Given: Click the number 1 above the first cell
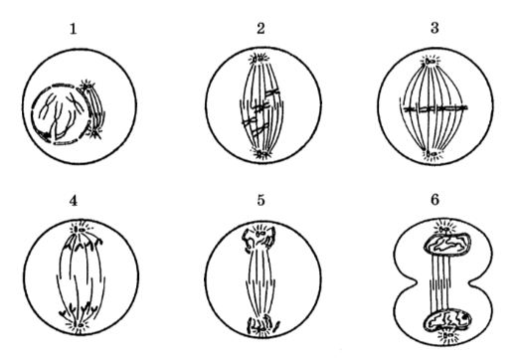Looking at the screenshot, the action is click(73, 29).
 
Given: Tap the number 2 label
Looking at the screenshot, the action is click(261, 29).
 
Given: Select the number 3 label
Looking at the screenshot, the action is click(435, 28).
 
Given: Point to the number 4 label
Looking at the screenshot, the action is click(74, 201).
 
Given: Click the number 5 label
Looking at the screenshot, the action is click(261, 200).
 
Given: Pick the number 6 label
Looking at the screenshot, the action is click(435, 200).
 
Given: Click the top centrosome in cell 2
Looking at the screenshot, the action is click(259, 59).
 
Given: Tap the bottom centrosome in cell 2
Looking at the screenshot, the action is click(261, 153).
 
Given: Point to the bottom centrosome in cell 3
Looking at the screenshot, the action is click(432, 154).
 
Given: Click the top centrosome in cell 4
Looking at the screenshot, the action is click(81, 229).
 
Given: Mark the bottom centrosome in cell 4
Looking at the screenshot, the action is click(80, 324).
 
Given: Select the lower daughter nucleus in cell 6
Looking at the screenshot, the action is click(447, 321).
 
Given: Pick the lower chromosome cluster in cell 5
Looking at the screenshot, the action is click(262, 324).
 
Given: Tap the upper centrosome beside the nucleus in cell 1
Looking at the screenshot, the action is click(87, 86).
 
